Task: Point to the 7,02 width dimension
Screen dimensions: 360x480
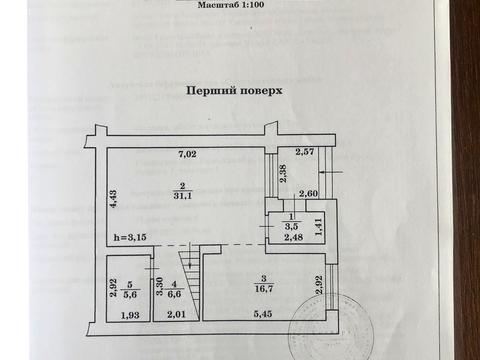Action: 188,154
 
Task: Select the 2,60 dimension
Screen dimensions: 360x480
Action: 307,193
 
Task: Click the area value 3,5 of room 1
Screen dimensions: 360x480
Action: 290,227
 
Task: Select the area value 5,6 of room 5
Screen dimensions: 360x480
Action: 131,294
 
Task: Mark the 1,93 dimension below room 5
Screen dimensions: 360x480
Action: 130,316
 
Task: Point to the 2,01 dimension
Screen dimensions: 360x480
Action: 175,316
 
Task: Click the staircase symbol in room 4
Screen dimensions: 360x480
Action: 188,273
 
